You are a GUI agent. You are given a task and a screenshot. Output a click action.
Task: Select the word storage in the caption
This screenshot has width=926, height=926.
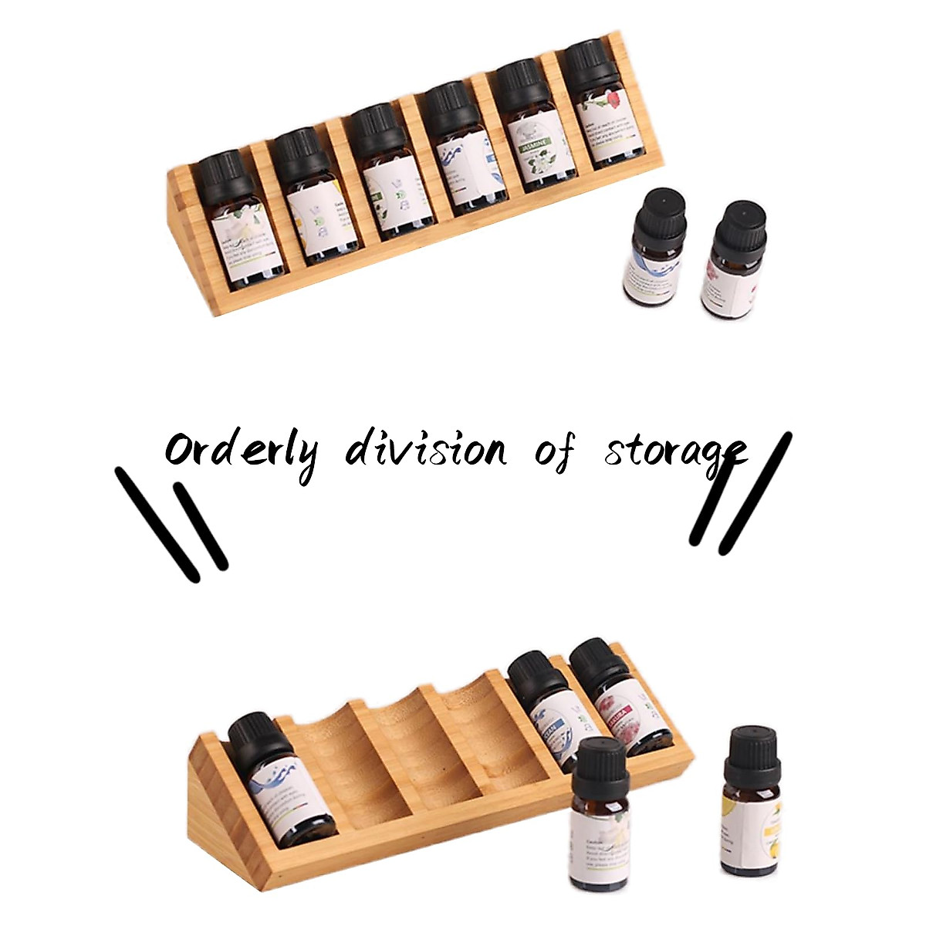[x=675, y=451]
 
